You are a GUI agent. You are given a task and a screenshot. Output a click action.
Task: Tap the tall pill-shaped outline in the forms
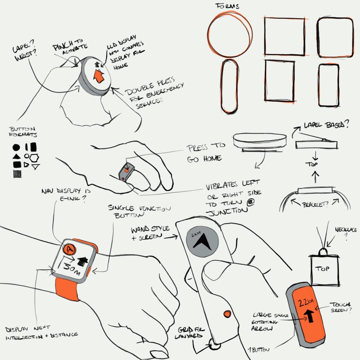click(229, 86)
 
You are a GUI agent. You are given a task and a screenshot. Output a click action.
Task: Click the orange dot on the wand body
click(227, 313)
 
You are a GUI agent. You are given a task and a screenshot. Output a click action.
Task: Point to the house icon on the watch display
click(83, 260)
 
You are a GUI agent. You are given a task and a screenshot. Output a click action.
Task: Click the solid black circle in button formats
click(16, 148)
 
